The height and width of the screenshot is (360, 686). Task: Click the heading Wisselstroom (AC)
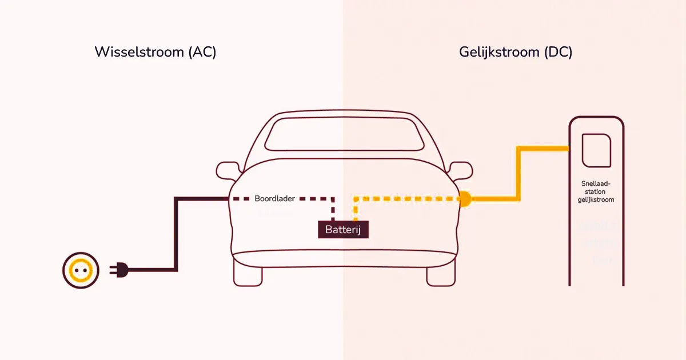click(x=155, y=52)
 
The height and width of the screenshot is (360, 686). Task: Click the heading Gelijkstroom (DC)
click(x=515, y=52)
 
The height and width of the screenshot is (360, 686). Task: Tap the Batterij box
click(x=343, y=230)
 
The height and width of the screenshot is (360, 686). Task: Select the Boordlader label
click(x=274, y=199)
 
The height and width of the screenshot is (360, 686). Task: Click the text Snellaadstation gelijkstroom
click(x=595, y=192)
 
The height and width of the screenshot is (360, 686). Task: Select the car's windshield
click(x=343, y=135)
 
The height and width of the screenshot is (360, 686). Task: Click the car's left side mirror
click(x=228, y=170)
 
